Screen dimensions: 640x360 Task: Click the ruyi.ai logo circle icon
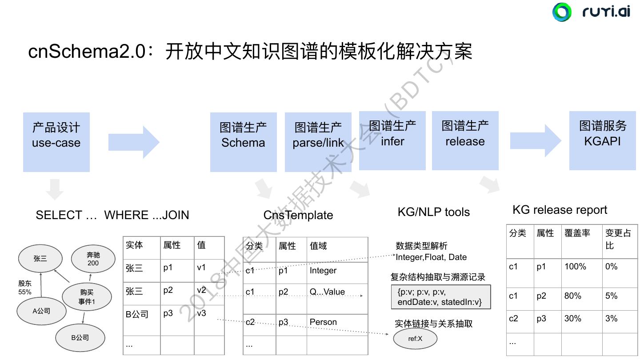tap(562, 12)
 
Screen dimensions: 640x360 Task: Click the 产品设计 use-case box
tap(56, 142)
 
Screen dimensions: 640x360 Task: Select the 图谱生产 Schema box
tap(243, 142)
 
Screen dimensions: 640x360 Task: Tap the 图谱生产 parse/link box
tap(318, 142)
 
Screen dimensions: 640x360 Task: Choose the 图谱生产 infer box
tap(392, 140)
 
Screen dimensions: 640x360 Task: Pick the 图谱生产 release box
tap(465, 140)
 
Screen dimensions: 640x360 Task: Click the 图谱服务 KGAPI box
tap(603, 140)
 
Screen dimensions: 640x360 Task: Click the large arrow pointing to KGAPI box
tap(536, 141)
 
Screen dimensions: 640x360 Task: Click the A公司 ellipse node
tap(41, 311)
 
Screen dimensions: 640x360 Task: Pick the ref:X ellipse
tap(415, 339)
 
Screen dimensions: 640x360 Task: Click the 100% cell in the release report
tap(575, 267)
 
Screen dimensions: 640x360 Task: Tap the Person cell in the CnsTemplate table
tap(323, 322)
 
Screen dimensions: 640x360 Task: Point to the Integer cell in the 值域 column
tap(323, 271)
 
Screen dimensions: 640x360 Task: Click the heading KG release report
tap(560, 210)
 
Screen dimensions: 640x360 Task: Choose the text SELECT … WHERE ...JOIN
tap(112, 215)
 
